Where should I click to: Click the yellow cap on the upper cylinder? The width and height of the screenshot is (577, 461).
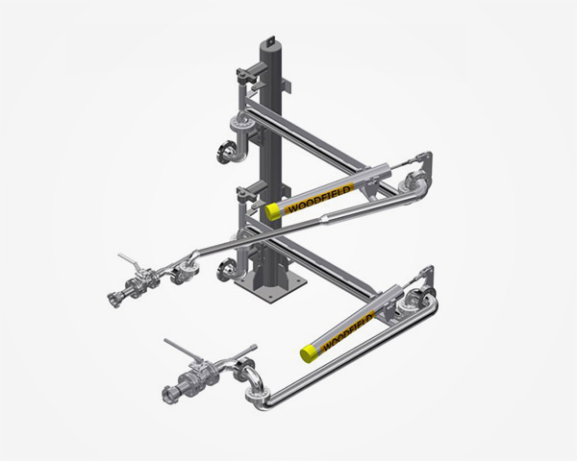click(x=274, y=211)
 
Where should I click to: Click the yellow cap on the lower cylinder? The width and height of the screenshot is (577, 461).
click(x=310, y=352)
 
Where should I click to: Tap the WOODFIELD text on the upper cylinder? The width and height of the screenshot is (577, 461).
click(x=318, y=201)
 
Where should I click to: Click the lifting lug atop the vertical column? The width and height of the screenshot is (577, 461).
click(x=270, y=40)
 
